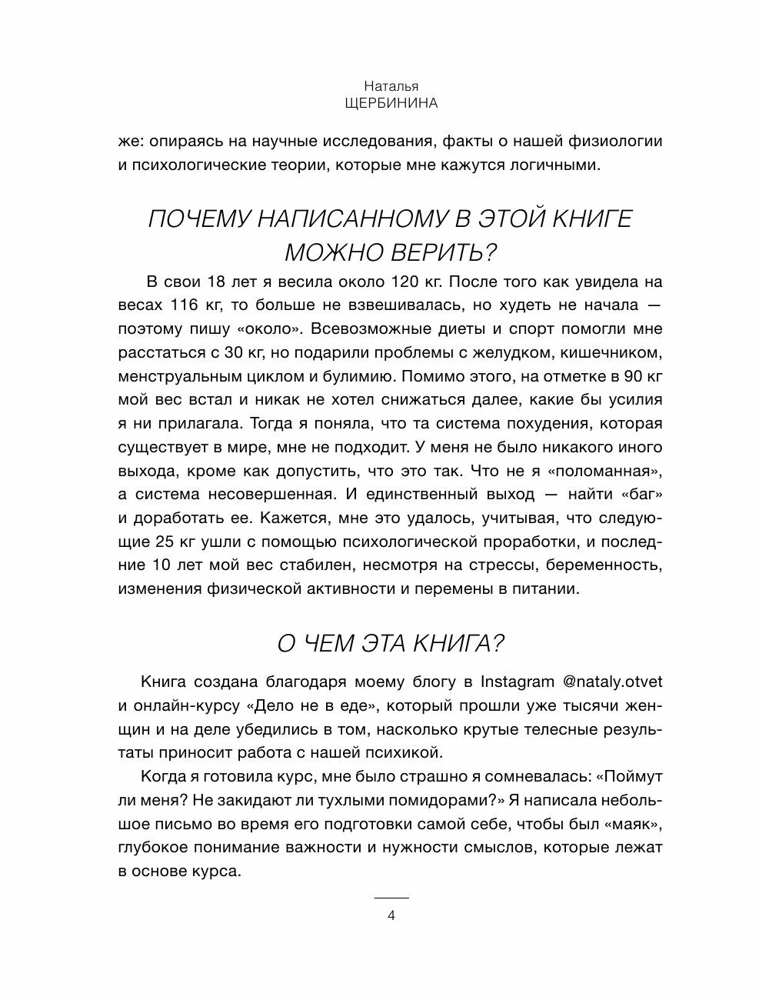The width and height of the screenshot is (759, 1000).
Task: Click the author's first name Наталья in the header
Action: click(391, 87)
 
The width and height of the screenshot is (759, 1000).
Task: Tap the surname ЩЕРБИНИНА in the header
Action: click(391, 104)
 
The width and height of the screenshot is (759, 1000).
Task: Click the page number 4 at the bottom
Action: click(391, 915)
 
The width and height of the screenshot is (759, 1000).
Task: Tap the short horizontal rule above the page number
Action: click(391, 898)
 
